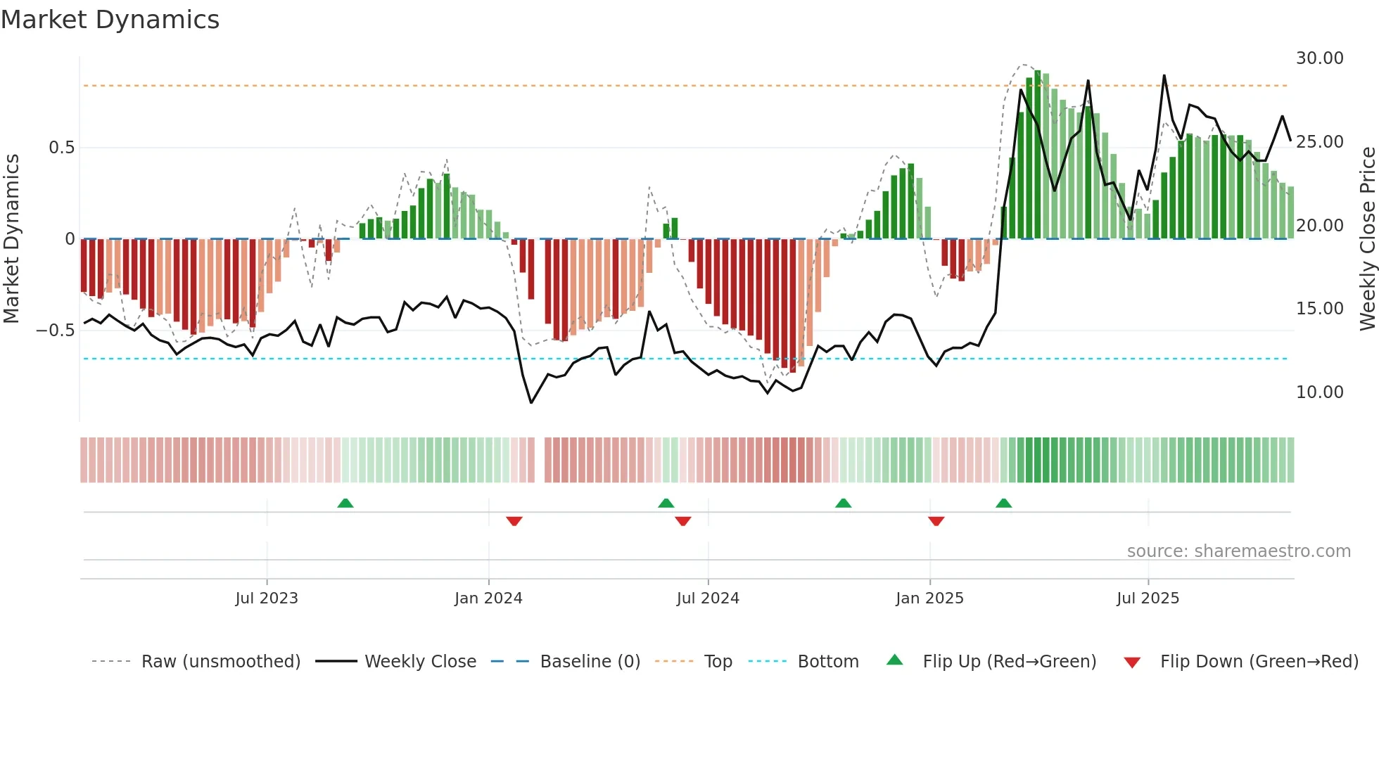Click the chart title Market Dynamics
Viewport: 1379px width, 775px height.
[x=110, y=20]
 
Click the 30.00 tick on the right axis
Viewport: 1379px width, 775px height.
[x=1319, y=58]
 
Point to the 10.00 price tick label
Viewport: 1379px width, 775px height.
[x=1319, y=392]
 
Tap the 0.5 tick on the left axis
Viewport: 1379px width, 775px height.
[x=61, y=148]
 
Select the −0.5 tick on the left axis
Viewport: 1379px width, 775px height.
[x=56, y=331]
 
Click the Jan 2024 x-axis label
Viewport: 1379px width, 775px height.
[x=488, y=598]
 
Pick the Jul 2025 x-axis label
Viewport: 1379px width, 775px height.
[x=1148, y=598]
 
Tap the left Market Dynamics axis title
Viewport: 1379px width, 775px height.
[x=11, y=239]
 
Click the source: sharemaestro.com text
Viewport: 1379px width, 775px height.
[x=1238, y=551]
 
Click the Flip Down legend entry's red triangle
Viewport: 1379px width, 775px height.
[x=1131, y=662]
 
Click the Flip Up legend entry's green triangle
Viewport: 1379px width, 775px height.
[x=894, y=660]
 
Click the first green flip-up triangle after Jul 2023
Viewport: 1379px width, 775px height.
[x=345, y=503]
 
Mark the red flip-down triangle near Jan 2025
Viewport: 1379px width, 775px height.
[x=936, y=521]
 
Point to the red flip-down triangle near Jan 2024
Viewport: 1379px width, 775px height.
[x=514, y=521]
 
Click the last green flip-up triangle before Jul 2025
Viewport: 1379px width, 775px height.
[x=1003, y=503]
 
